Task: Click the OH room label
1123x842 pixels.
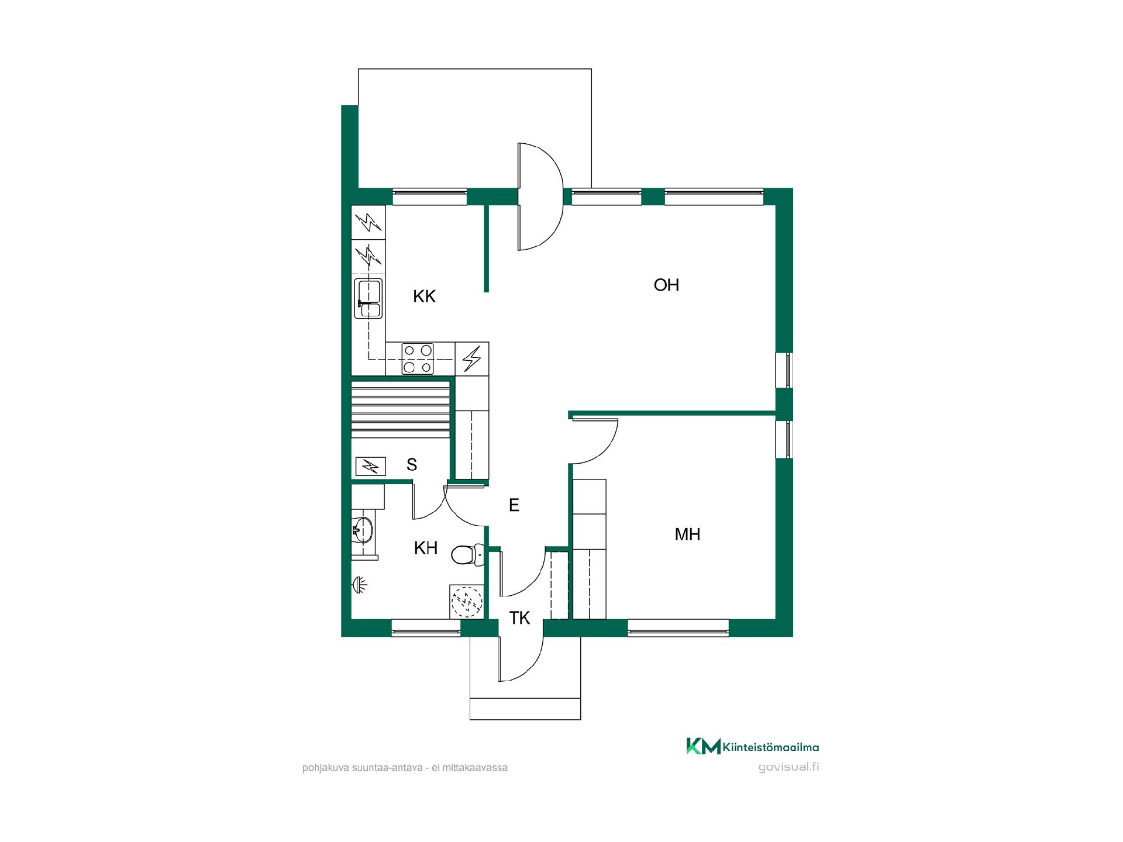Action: click(666, 285)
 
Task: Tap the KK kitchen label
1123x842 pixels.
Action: click(425, 296)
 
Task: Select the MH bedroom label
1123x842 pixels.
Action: click(687, 534)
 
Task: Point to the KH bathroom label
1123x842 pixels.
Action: click(426, 548)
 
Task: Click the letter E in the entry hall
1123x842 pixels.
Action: click(514, 505)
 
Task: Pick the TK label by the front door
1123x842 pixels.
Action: click(519, 618)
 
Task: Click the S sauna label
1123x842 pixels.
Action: click(412, 465)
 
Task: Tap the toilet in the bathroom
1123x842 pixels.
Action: click(468, 555)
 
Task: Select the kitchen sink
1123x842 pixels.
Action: click(368, 299)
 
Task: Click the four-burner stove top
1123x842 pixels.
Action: click(418, 358)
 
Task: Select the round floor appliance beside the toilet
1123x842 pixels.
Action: click(467, 601)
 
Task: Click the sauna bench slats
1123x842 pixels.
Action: click(401, 409)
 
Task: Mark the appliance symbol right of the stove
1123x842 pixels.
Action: click(472, 358)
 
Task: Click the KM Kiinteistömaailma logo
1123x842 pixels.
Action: click(752, 747)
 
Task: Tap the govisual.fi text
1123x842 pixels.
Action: click(788, 768)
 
